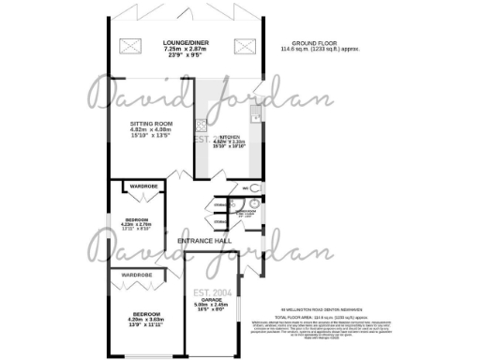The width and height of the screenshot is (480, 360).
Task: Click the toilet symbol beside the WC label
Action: (258, 188)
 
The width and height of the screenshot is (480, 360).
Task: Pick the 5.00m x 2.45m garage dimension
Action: (212, 304)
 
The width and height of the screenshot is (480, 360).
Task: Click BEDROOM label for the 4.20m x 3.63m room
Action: (145, 313)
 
